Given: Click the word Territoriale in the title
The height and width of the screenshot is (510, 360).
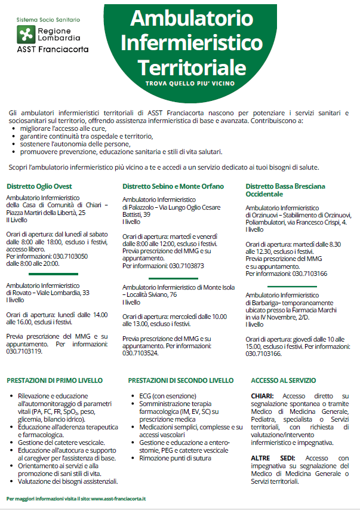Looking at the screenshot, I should [191, 63].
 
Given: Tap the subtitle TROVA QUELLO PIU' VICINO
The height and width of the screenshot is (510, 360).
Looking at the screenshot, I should [190, 84].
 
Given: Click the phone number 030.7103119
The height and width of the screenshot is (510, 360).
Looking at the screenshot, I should [24, 352].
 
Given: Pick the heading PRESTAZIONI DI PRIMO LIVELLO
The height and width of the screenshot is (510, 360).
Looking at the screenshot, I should [54, 380].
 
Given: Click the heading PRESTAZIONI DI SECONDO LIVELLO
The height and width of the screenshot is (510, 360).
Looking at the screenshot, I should [181, 380].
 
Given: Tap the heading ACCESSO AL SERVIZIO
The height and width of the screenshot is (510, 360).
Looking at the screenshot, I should [284, 380].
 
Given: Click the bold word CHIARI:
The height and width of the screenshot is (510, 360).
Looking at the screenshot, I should [263, 396].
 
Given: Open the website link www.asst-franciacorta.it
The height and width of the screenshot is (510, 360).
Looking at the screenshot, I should [118, 497].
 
